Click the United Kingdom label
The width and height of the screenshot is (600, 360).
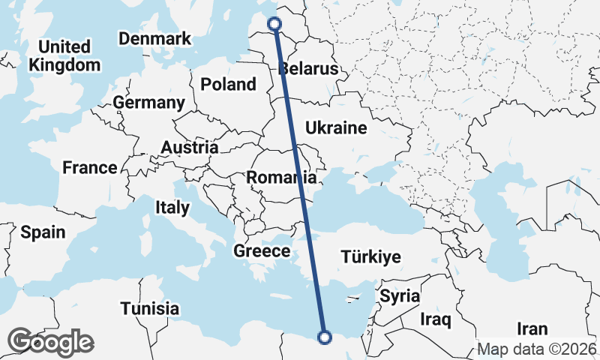(64, 55)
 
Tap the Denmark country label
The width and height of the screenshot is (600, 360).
(155, 39)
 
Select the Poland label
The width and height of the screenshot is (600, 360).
(229, 85)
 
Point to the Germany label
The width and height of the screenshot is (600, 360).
(149, 103)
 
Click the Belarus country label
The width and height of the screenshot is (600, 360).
(308, 70)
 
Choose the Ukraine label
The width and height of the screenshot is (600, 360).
(336, 127)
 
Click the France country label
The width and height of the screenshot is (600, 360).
(90, 168)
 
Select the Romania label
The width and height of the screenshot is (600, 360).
(281, 178)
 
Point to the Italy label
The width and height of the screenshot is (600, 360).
(172, 207)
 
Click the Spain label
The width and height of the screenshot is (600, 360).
(43, 232)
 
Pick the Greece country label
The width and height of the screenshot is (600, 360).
(262, 251)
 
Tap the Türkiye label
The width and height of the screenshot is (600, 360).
(370, 257)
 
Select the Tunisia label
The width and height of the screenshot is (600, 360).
(150, 308)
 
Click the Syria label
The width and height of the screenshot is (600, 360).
(400, 295)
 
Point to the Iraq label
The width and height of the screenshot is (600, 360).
(436, 321)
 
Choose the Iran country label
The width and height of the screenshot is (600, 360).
(532, 328)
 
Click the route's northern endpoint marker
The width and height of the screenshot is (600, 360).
(274, 23)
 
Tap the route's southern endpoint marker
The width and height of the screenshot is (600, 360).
(325, 337)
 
